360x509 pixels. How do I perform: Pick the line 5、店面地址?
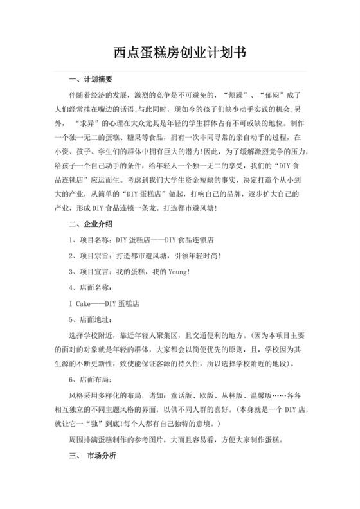91,319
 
